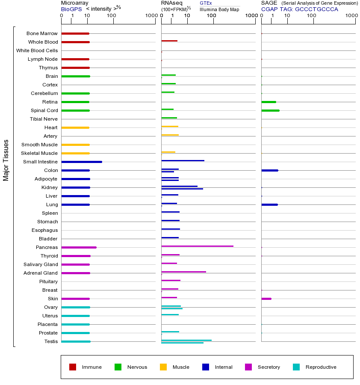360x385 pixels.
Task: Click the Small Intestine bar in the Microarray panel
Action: (82, 162)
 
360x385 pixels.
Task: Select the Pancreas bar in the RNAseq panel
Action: (197, 246)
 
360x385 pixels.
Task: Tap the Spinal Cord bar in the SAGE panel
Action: (270, 110)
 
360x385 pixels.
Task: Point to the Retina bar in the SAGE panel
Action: (269, 102)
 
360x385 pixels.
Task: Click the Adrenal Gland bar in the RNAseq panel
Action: (183, 272)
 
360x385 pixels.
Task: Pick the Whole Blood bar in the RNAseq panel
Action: (169, 41)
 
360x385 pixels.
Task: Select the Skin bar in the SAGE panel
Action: (266, 299)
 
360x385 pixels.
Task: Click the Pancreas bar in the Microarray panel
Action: (79, 247)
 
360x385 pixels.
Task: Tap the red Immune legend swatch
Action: (73, 367)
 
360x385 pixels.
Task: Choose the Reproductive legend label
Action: (321, 367)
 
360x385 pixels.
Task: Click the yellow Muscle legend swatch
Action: (163, 367)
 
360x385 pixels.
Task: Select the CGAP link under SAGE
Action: (269, 9)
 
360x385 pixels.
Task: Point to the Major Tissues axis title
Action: (6, 160)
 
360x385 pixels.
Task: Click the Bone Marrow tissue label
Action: (42, 33)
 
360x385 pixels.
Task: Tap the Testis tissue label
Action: (51, 341)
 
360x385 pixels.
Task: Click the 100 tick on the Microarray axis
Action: (112, 16)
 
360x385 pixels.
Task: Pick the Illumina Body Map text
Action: (219, 9)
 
